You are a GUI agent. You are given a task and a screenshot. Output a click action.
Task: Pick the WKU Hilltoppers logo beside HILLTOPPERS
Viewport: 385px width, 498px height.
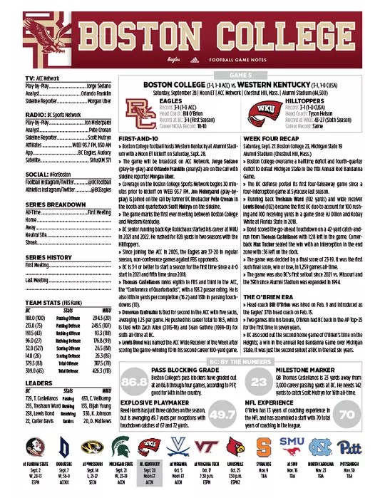click(261, 112)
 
